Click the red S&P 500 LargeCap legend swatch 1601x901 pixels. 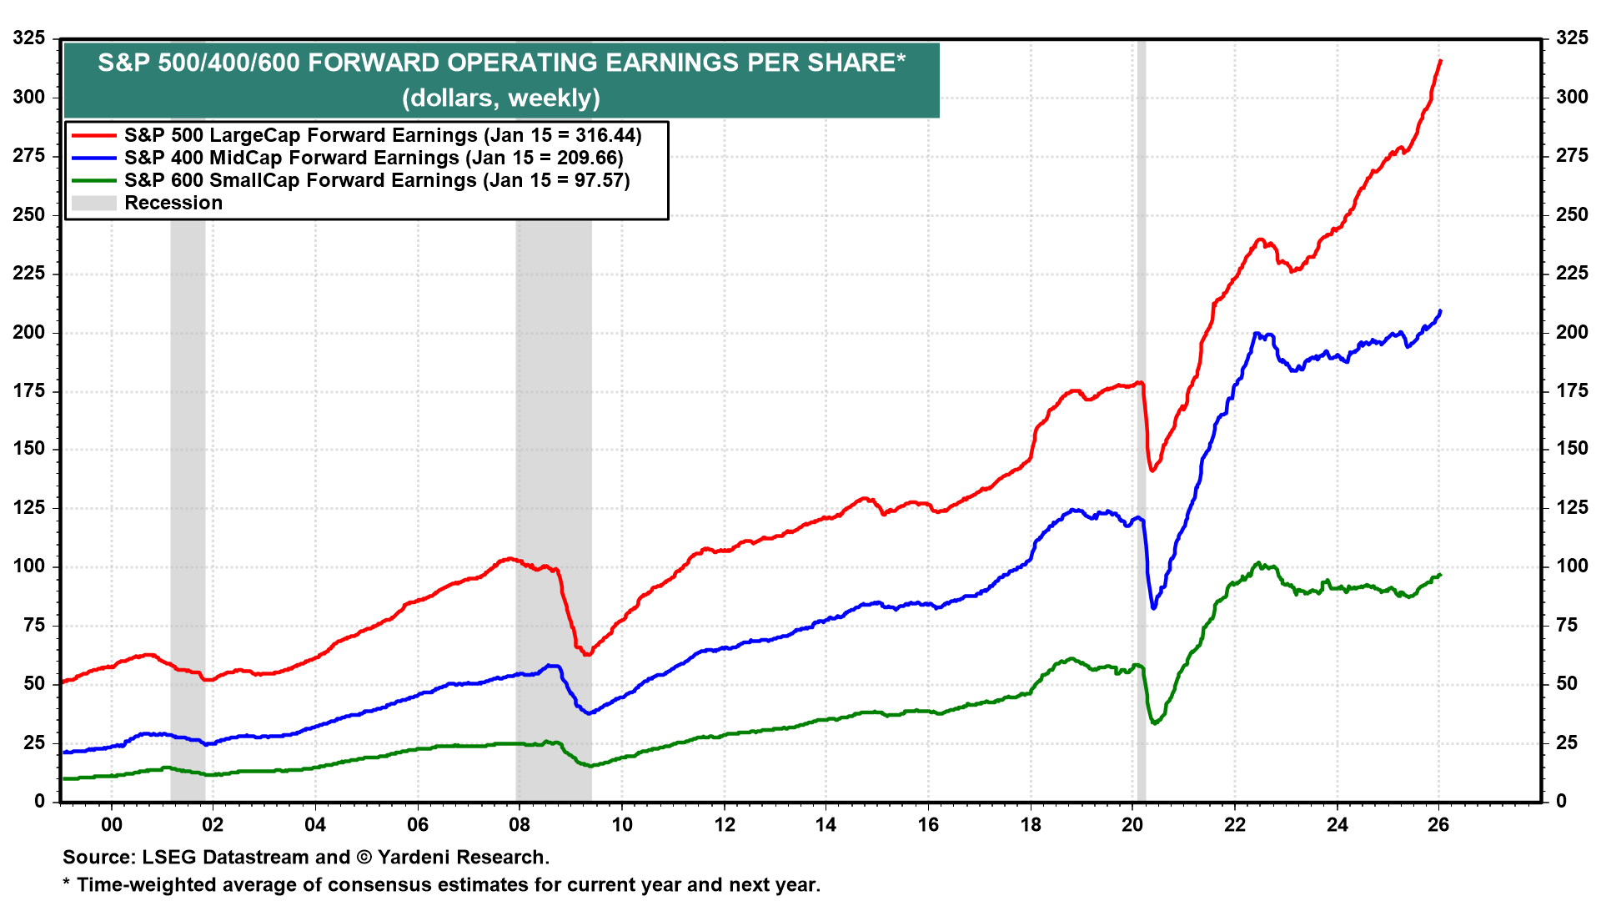pyautogui.click(x=93, y=135)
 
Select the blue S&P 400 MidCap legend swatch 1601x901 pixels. pyautogui.click(x=93, y=158)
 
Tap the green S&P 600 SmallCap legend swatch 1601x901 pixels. pyautogui.click(x=93, y=180)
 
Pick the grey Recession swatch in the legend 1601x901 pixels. pyautogui.click(x=93, y=203)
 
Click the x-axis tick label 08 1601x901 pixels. pyautogui.click(x=519, y=825)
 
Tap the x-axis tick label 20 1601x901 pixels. pyautogui.click(x=1132, y=825)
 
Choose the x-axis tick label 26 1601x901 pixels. pyautogui.click(x=1438, y=825)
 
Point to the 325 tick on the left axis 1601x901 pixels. pyautogui.click(x=29, y=38)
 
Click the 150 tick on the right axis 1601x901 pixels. pyautogui.click(x=1572, y=449)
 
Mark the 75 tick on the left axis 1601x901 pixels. pyautogui.click(x=34, y=626)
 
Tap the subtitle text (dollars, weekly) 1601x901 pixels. pyautogui.click(x=501, y=98)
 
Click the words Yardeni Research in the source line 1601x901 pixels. pyautogui.click(x=462, y=858)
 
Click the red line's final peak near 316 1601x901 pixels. pyautogui.click(x=1440, y=61)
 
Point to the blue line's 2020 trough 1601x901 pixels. pyautogui.click(x=1153, y=608)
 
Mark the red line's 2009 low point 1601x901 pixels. pyautogui.click(x=587, y=654)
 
